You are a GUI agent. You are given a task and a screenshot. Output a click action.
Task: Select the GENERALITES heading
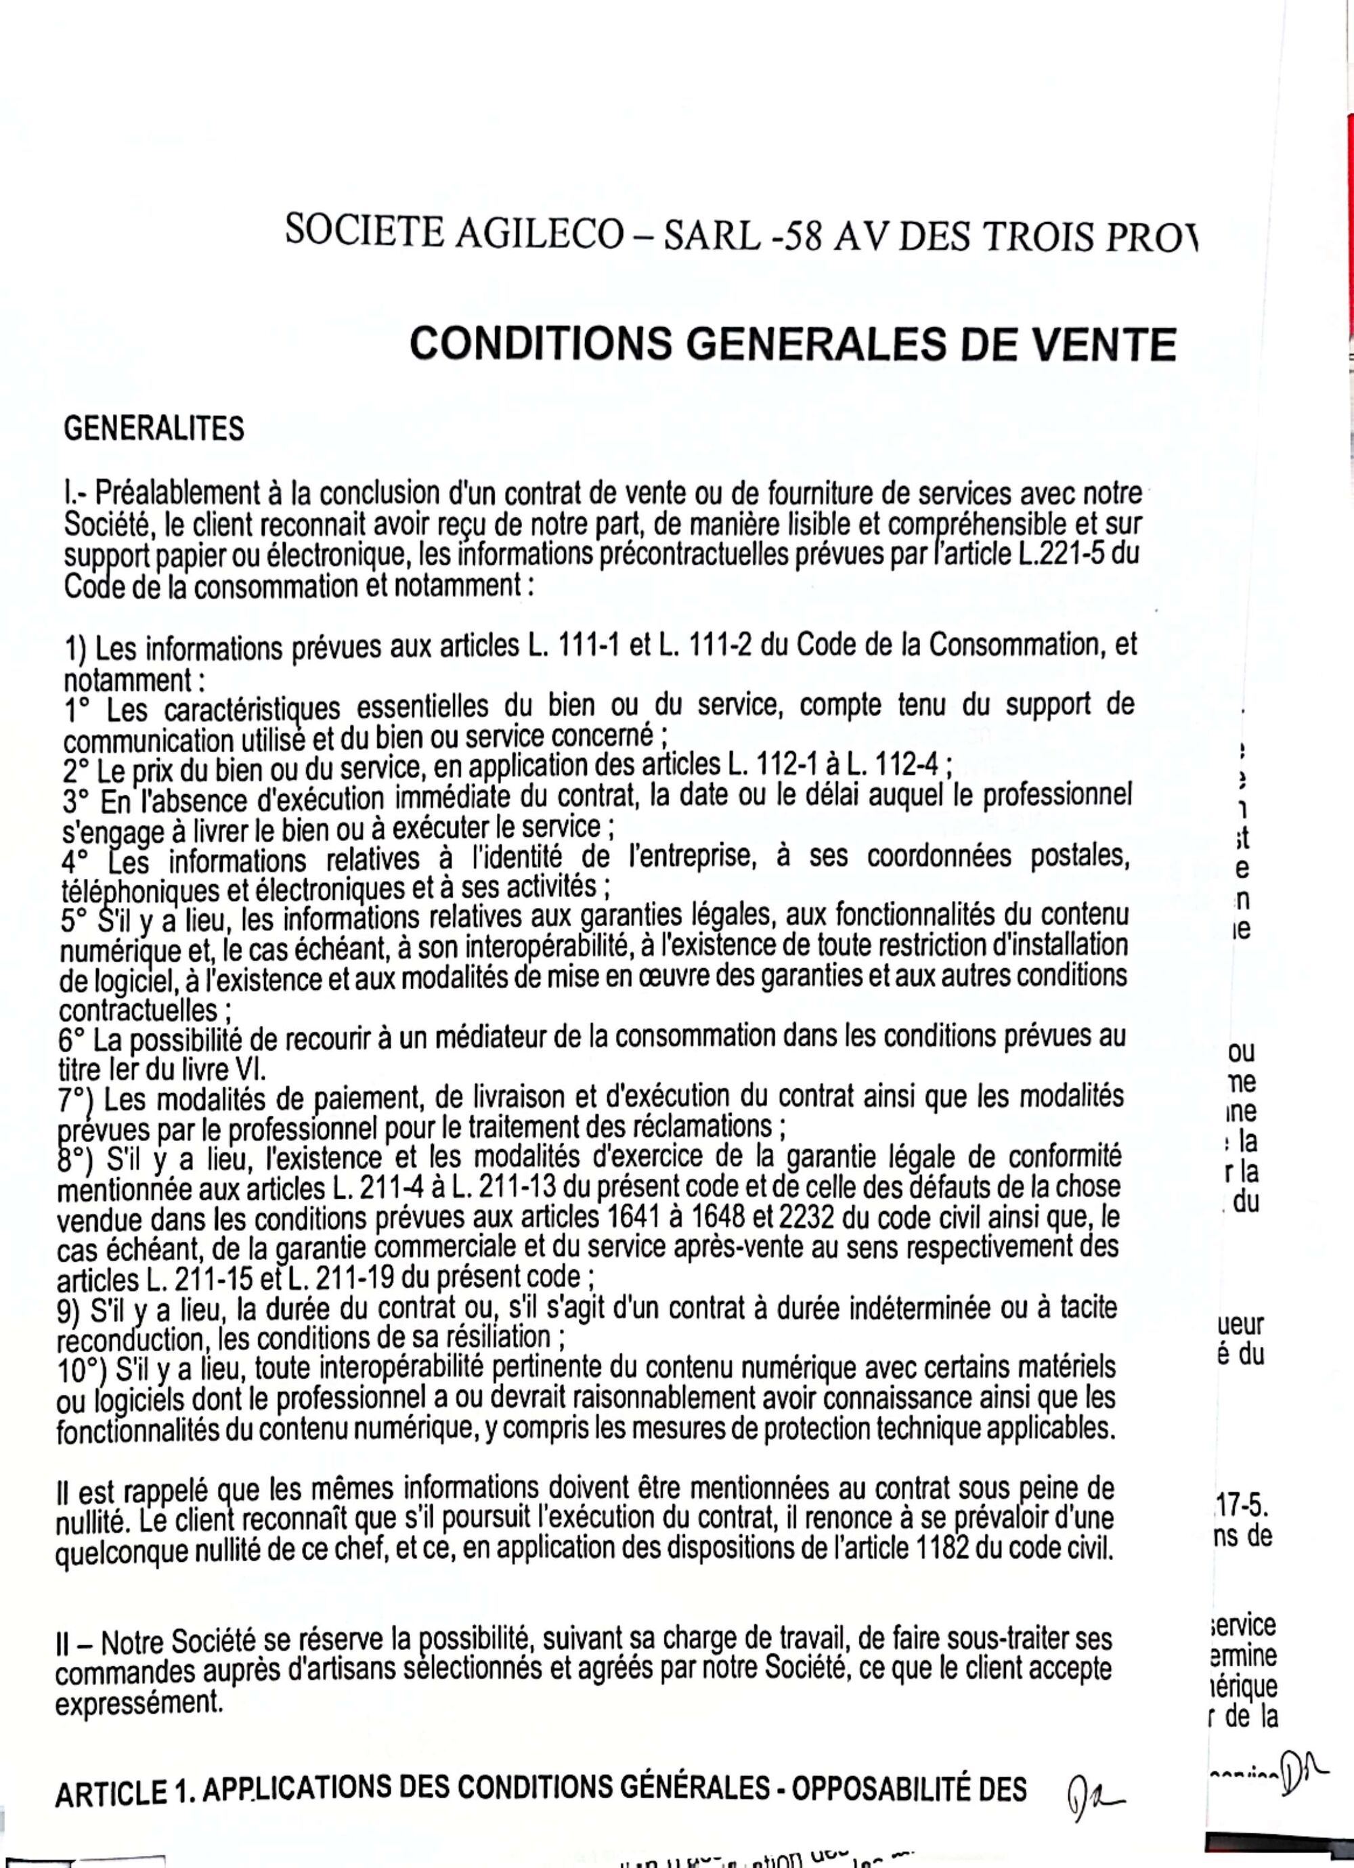(x=154, y=429)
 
